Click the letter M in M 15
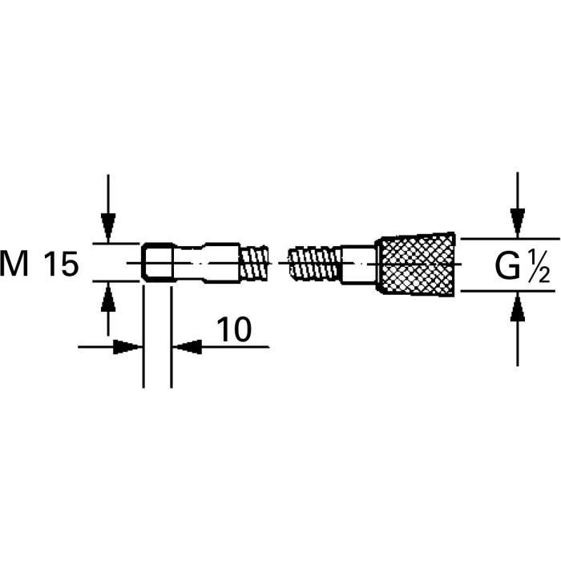18,264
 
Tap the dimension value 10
232,329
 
